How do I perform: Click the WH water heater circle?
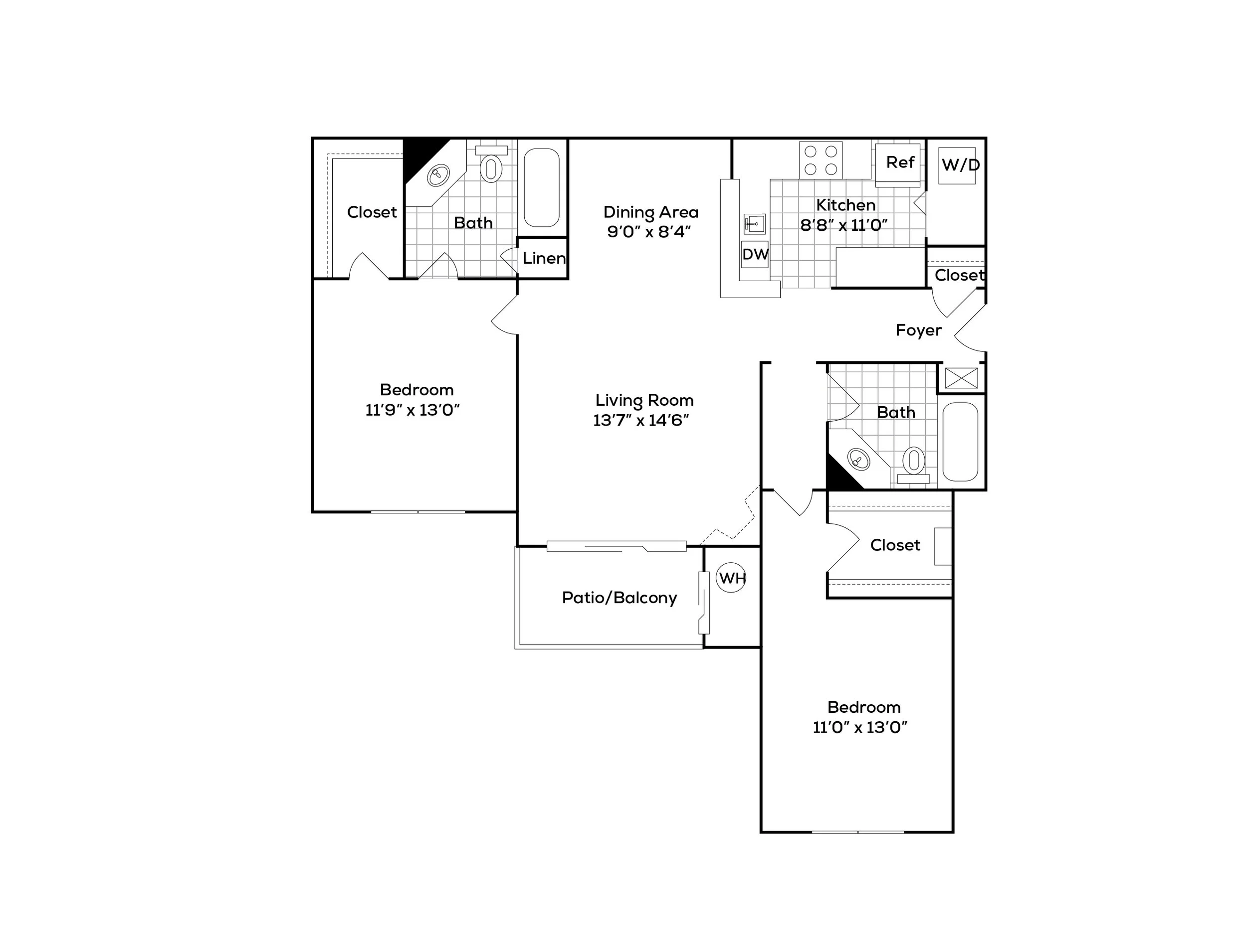point(731,578)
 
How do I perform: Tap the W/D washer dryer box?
point(957,165)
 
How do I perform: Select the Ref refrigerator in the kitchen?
point(898,164)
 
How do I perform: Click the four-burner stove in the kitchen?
point(821,160)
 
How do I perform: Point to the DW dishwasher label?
point(755,254)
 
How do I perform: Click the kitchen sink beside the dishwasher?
point(754,224)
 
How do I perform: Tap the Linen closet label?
point(543,258)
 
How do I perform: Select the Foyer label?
point(918,330)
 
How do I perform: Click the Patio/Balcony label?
point(619,598)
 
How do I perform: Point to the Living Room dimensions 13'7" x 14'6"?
point(641,421)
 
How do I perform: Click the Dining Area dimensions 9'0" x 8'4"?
point(649,232)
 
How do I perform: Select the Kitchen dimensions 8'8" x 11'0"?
point(843,225)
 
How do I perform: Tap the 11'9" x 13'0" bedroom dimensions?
point(413,410)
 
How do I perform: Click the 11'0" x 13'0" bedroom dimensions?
point(860,727)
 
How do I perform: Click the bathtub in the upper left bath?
point(542,187)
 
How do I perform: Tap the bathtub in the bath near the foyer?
point(960,442)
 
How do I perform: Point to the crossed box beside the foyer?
point(961,378)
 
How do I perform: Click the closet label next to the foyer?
point(958,276)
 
